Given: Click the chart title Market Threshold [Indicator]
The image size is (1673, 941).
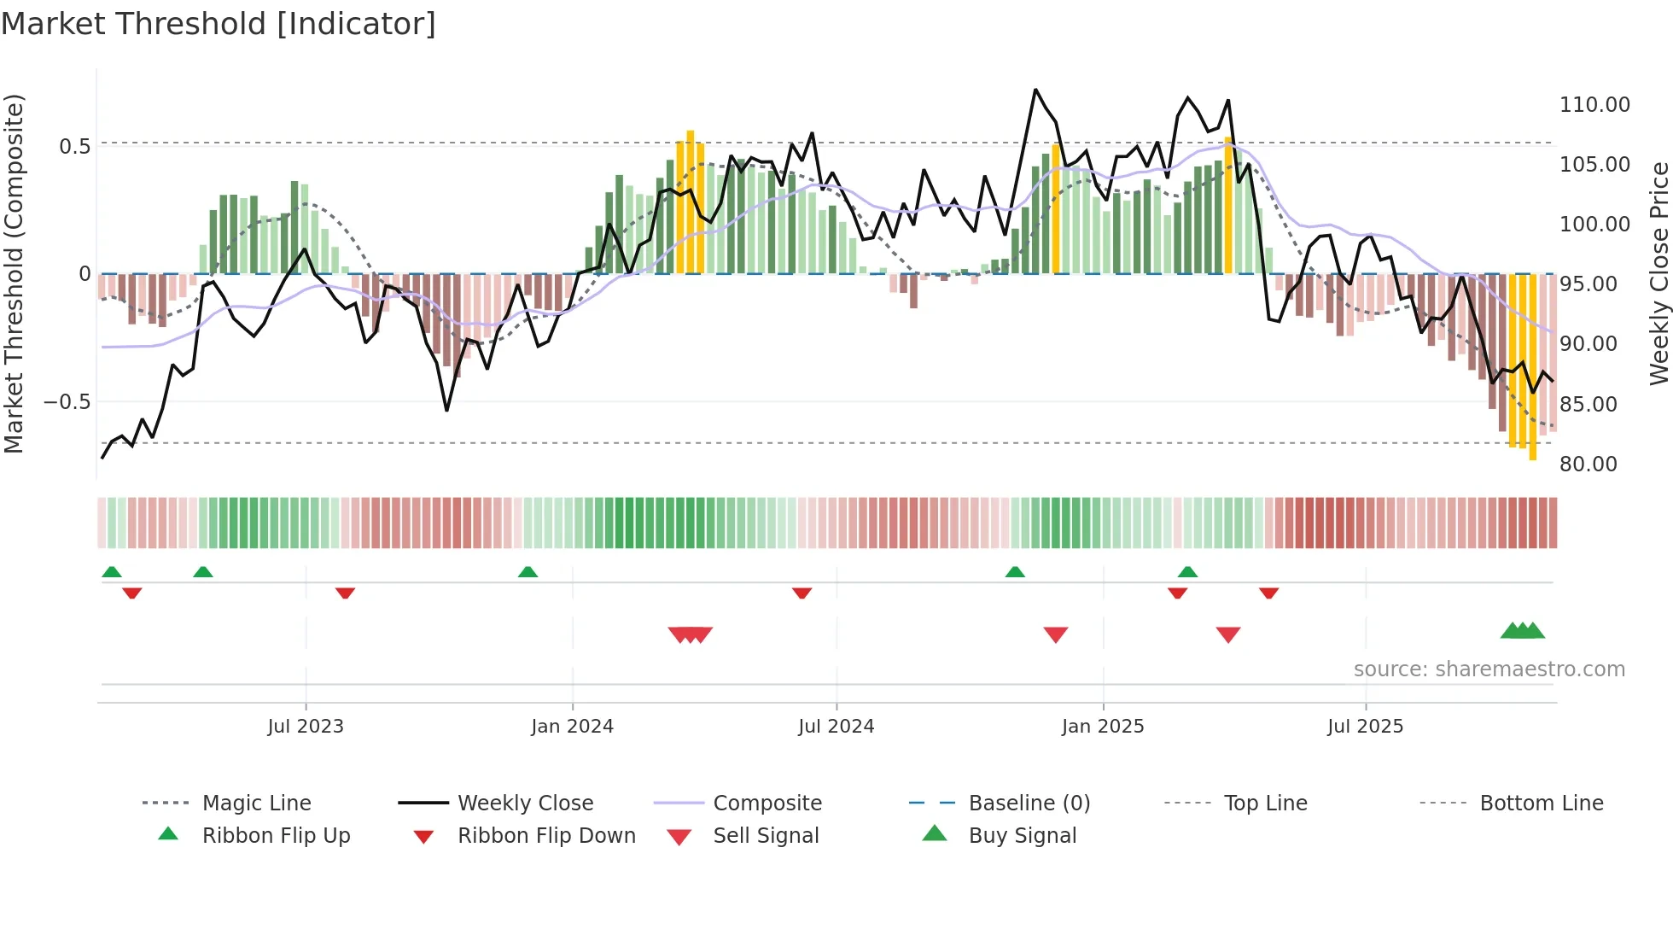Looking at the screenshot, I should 219,24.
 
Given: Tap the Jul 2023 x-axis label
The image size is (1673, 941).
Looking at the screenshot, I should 306,727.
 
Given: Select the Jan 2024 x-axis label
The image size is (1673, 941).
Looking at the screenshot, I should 572,727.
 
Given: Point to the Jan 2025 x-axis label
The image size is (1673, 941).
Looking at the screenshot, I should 1103,727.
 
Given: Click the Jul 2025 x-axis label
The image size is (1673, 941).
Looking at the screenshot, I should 1365,727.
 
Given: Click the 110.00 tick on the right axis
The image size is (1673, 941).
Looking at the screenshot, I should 1594,105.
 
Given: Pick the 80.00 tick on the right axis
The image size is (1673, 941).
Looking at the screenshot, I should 1588,465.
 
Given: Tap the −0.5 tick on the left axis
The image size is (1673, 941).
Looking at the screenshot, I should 67,402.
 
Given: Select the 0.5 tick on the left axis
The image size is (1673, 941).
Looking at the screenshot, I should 75,147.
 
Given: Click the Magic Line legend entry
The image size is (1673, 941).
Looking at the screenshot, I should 256,804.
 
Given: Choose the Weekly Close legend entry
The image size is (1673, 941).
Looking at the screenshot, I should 525,804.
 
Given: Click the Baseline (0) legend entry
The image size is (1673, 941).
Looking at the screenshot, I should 1029,804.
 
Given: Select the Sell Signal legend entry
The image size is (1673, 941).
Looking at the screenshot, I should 766,836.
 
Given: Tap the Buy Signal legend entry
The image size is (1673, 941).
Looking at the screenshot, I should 1023,836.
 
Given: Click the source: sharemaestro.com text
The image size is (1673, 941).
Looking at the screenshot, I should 1489,669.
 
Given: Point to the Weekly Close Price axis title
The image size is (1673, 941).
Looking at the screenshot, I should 1658,273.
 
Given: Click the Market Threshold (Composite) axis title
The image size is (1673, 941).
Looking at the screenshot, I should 14,273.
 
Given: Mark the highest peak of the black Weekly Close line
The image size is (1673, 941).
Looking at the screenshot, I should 1035,90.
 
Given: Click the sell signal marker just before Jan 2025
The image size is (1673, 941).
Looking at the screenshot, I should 1056,634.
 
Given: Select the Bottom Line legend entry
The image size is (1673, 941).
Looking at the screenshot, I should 1541,804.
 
